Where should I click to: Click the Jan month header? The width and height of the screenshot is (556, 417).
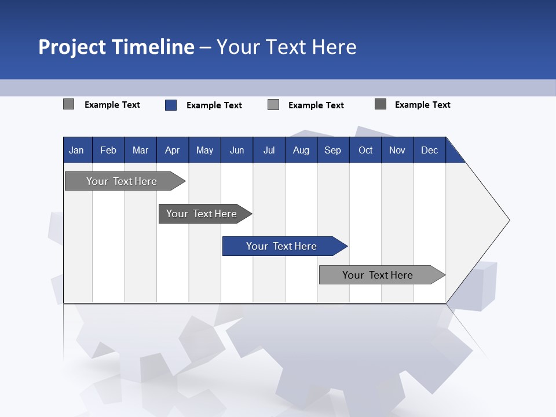[x=76, y=150]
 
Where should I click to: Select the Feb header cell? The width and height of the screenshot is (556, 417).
[x=108, y=150]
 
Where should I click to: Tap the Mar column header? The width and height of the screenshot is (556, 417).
[x=140, y=150]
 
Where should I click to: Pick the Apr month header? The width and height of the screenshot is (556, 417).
[x=172, y=150]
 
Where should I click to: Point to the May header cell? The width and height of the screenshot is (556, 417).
[x=204, y=150]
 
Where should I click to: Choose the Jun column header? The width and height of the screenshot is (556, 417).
[x=237, y=150]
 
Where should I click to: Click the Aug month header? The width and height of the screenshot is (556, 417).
[x=301, y=150]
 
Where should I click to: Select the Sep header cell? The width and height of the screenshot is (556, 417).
[x=332, y=150]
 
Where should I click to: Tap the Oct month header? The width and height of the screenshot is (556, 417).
[x=365, y=150]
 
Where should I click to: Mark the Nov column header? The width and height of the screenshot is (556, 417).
[x=397, y=150]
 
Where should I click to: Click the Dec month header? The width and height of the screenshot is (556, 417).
[x=429, y=150]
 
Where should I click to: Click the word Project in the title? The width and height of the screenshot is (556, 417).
[x=72, y=47]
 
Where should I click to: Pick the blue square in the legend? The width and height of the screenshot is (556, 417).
[x=171, y=105]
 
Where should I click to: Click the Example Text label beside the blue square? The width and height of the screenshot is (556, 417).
[x=214, y=105]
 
